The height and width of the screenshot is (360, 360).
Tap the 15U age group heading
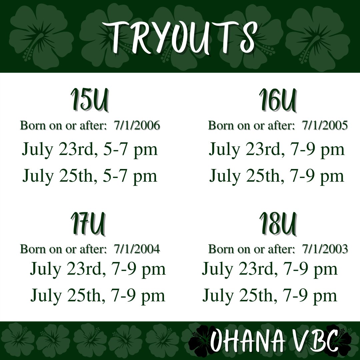[x=89, y=100]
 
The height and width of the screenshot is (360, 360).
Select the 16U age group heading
[x=277, y=100]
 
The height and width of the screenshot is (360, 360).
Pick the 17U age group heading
[x=88, y=224]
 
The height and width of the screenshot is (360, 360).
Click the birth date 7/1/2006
[x=137, y=126]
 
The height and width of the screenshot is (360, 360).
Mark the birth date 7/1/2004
[x=137, y=249]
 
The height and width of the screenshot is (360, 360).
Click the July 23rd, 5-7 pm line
[x=90, y=150]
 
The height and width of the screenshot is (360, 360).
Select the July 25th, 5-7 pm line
[x=90, y=176]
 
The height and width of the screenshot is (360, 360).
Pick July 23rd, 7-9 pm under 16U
[x=277, y=150]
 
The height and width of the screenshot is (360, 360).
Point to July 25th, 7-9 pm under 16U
[x=277, y=176]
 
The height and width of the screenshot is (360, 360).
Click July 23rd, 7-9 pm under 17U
[x=98, y=269]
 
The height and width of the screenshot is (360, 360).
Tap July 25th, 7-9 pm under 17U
[x=98, y=296]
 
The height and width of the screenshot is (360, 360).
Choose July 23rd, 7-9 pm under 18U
[x=270, y=269]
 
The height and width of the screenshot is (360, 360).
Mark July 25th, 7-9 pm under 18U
[x=270, y=296]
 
